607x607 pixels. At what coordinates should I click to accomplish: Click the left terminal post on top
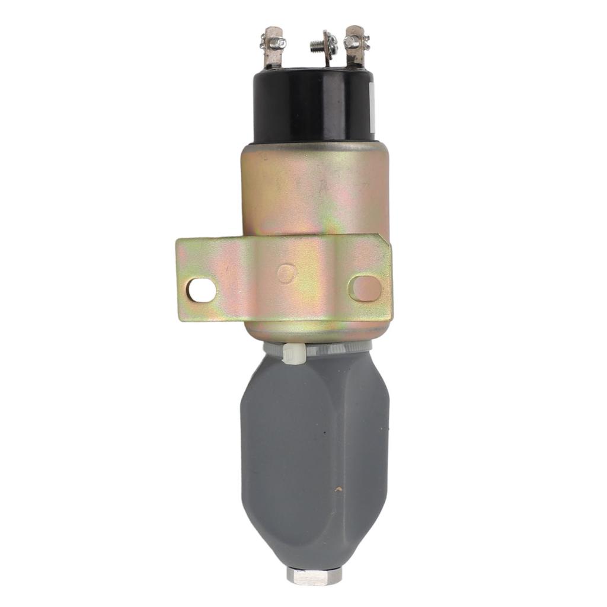(273, 50)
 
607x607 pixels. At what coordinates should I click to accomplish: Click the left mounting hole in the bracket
(201, 289)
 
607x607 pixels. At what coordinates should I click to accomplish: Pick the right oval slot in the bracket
(365, 288)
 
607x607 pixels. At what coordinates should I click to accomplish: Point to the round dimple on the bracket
(286, 273)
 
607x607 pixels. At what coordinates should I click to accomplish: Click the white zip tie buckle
(294, 353)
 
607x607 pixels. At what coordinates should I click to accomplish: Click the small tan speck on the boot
(338, 490)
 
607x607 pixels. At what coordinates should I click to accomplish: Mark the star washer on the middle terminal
(330, 43)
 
